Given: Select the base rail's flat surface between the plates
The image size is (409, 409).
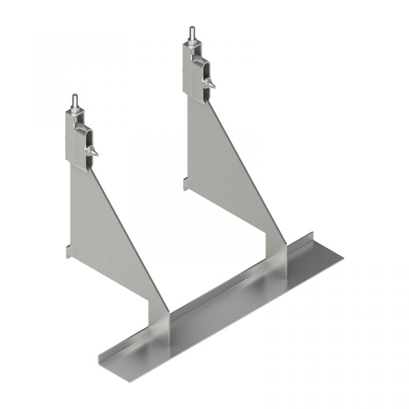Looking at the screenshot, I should pos(224,309).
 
